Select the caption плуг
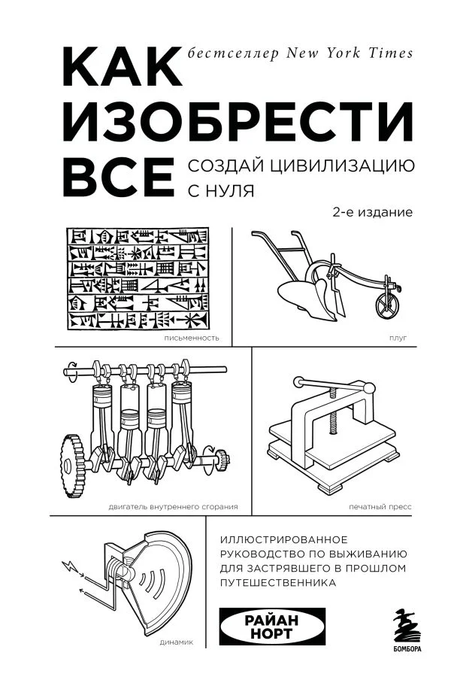coord(398,338)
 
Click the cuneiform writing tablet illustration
coord(139,278)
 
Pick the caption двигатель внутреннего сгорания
coord(167,506)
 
